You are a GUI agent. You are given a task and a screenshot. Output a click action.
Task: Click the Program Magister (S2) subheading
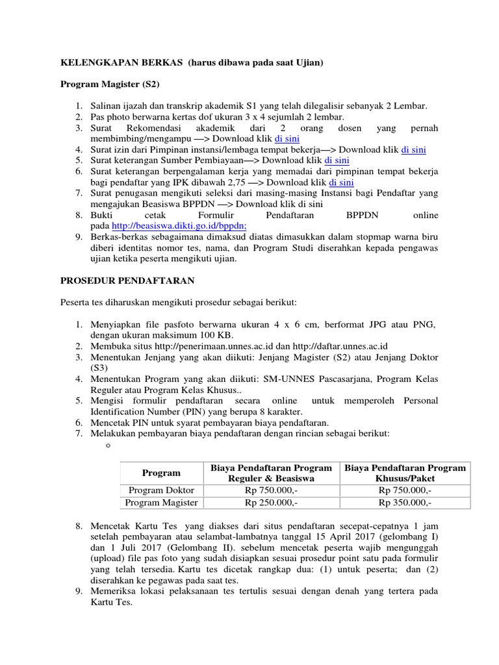(x=110, y=84)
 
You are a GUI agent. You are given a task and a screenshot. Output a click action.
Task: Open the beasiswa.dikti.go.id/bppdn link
(x=179, y=226)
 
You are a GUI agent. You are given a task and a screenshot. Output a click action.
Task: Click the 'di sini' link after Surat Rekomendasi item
(x=287, y=138)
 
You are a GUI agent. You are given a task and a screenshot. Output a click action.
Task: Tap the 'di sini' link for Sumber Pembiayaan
(x=337, y=160)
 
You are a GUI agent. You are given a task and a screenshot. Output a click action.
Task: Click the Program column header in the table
(x=161, y=473)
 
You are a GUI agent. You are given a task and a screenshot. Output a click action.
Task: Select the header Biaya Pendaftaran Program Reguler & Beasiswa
(x=271, y=473)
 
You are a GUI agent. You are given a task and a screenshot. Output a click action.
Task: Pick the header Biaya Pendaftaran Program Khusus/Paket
(x=405, y=473)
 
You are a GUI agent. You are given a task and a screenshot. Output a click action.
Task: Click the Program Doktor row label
(x=161, y=490)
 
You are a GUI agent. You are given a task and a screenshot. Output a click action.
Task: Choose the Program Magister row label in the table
(x=161, y=503)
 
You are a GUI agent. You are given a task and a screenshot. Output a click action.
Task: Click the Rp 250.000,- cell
(x=271, y=503)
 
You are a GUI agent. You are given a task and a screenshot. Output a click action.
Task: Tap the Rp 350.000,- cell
(x=405, y=503)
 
